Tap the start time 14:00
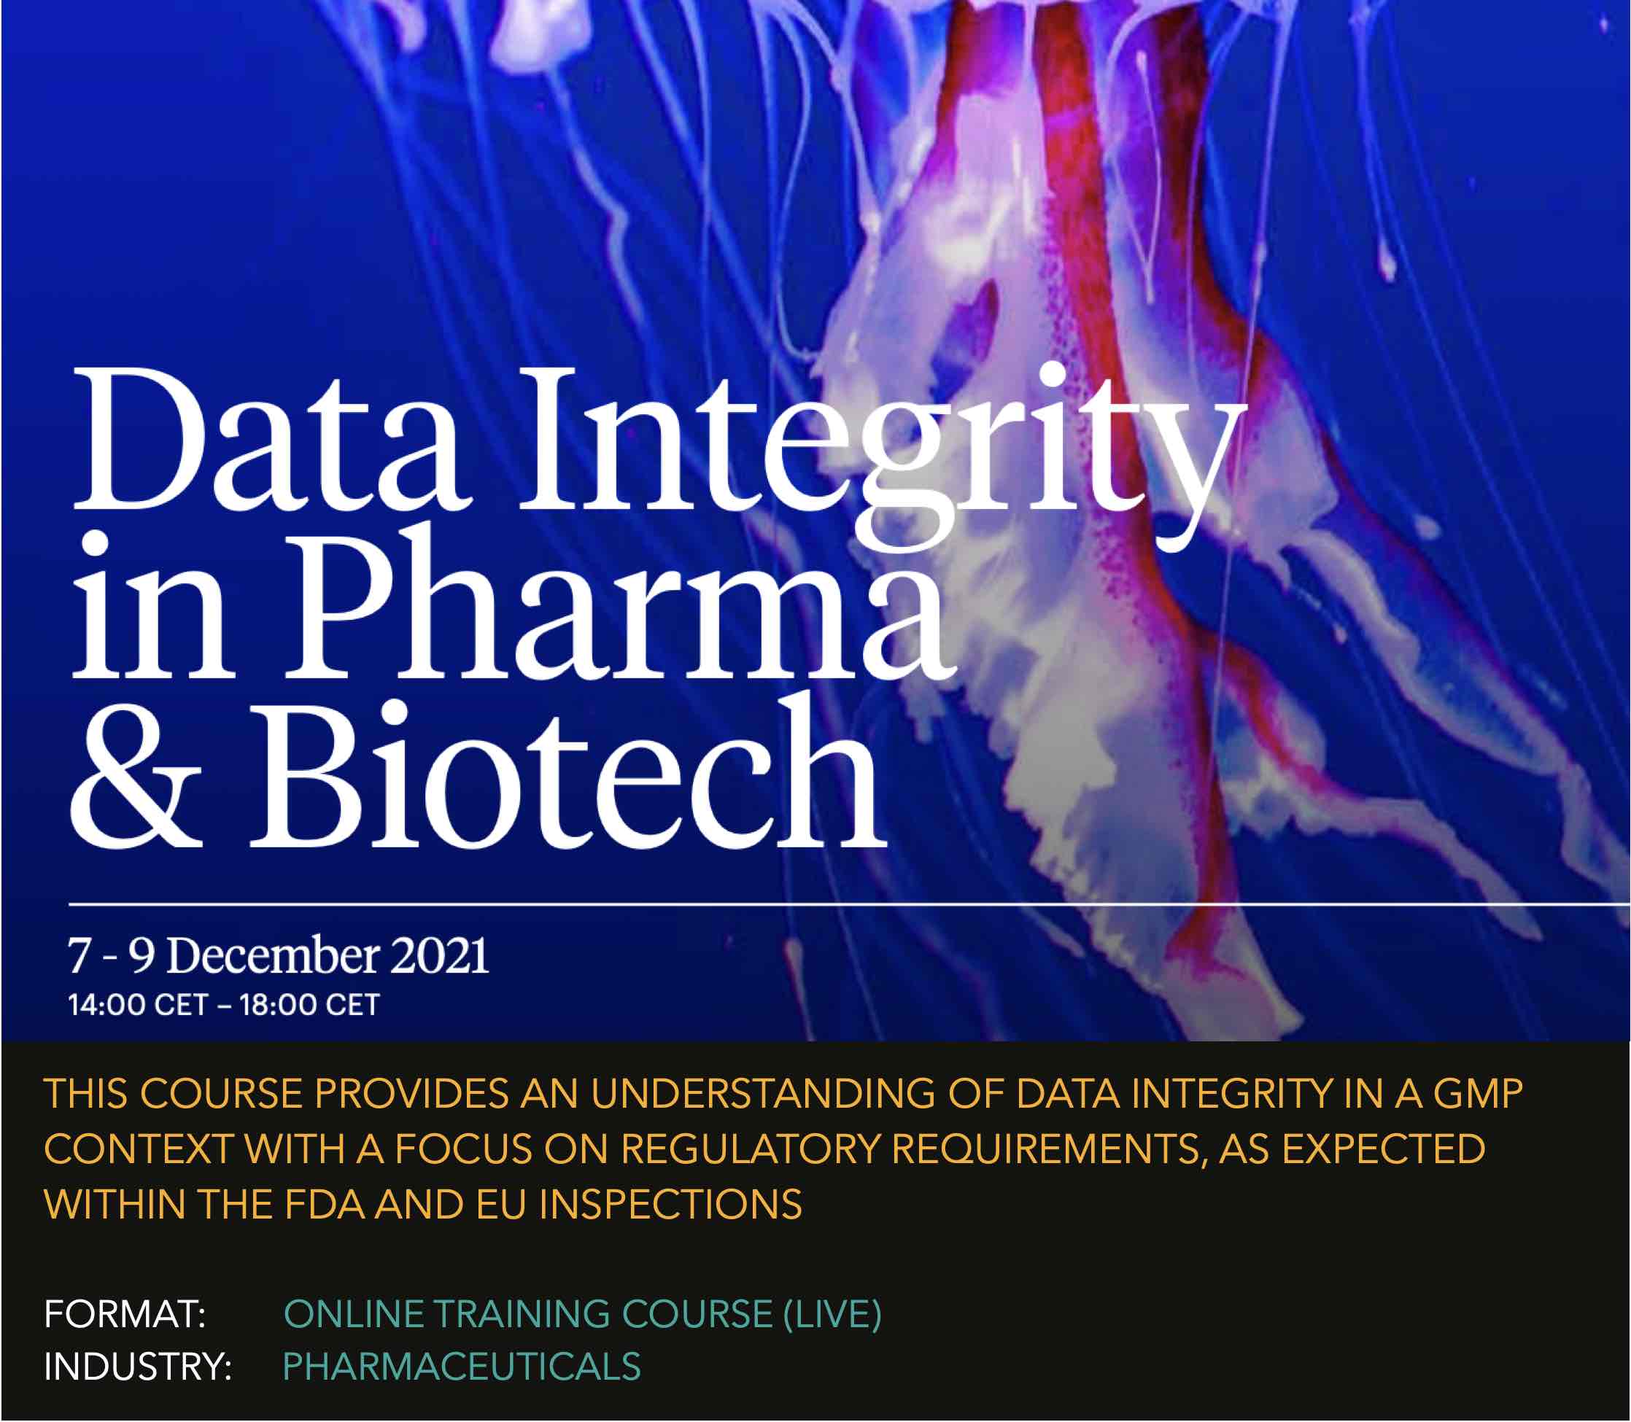point(107,1006)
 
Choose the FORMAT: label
point(125,1315)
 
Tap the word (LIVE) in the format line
point(832,1315)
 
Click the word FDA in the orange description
point(325,1205)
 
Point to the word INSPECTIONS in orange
point(670,1205)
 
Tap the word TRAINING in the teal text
point(524,1315)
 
